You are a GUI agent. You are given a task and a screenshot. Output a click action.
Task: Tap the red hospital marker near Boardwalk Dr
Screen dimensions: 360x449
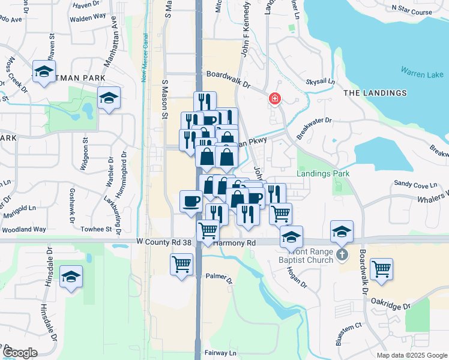[275, 98]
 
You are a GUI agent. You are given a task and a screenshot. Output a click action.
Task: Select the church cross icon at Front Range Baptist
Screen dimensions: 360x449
[342, 254]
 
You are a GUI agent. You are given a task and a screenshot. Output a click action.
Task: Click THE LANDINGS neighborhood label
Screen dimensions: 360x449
[375, 93]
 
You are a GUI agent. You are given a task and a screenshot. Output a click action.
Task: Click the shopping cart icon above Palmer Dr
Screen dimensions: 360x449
[181, 263]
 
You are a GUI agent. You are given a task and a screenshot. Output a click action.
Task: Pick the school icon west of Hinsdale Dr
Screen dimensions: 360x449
[71, 277]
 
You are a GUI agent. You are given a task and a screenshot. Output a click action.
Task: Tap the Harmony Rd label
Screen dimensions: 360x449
[235, 243]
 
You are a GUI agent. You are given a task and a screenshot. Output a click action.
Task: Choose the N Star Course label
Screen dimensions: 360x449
[411, 10]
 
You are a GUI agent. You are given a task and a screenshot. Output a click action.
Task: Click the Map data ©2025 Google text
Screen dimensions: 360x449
[411, 355]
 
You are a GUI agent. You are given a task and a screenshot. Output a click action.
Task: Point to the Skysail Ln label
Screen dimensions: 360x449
[321, 81]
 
